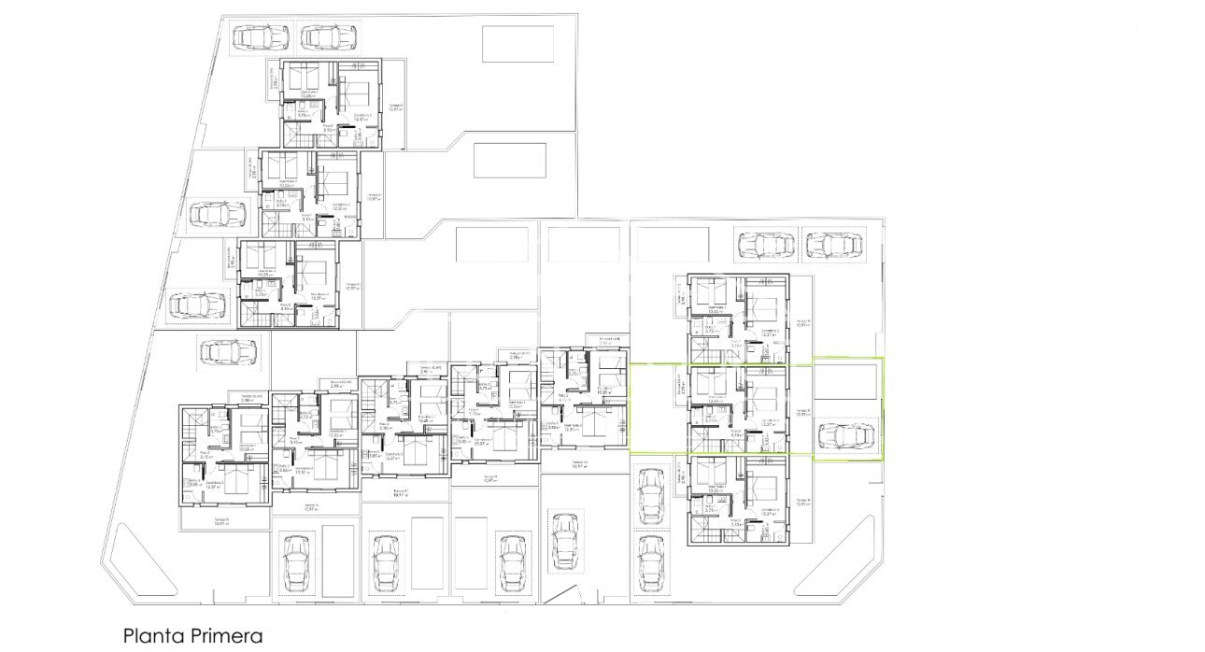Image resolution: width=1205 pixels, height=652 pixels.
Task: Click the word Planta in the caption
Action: [152, 636]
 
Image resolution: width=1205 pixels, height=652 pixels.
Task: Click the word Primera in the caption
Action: [225, 636]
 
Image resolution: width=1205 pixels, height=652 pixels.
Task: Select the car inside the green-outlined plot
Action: [847, 436]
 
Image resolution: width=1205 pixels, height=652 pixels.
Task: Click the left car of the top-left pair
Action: [260, 36]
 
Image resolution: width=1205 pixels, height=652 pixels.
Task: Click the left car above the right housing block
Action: [765, 246]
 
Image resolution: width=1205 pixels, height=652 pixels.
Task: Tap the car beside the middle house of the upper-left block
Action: [218, 215]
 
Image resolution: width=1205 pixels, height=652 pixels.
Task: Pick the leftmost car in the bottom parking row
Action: [295, 562]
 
